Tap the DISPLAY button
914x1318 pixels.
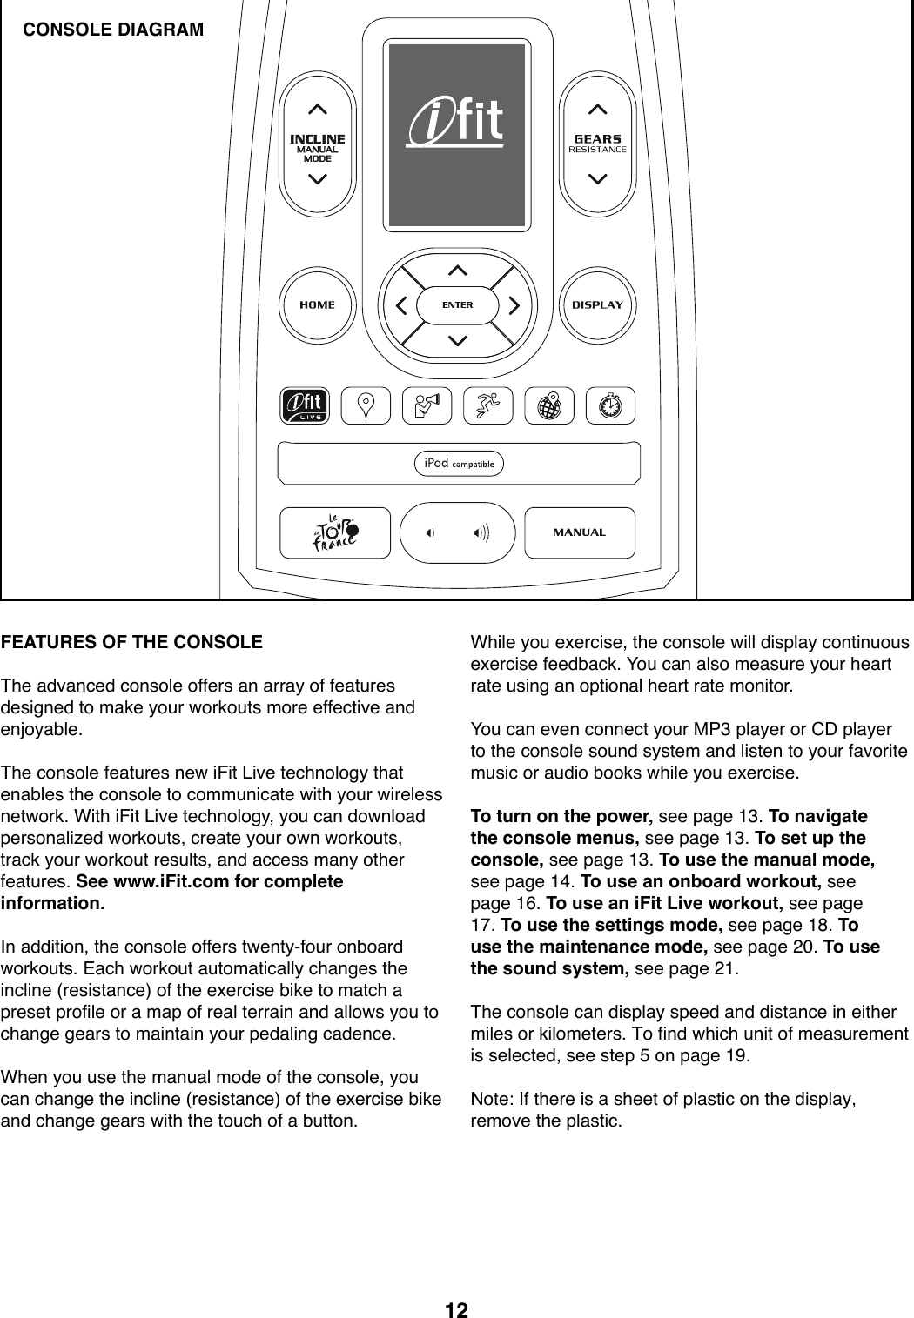point(597,304)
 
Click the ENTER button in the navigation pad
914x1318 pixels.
point(457,305)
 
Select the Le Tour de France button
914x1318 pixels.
point(335,532)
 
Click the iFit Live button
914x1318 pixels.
point(305,405)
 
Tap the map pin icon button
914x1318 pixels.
point(366,405)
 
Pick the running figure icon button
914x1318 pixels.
point(487,405)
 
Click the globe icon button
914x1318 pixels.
point(549,405)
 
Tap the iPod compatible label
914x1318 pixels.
point(458,464)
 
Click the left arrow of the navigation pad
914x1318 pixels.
point(401,305)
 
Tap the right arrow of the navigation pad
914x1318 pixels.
point(514,305)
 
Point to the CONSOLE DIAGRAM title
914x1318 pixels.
point(113,30)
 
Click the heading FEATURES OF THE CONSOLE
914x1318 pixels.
point(131,643)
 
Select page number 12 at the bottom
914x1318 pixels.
point(456,1310)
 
